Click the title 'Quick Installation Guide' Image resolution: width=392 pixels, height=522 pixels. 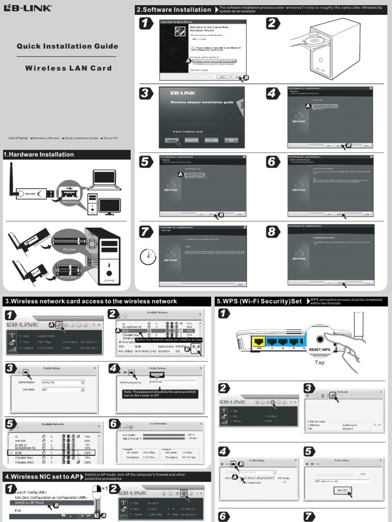click(x=67, y=46)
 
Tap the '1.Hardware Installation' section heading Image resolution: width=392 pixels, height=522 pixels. click(x=39, y=154)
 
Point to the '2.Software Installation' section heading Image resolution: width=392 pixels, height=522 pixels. click(x=174, y=10)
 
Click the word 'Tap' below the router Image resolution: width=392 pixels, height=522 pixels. click(x=320, y=362)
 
